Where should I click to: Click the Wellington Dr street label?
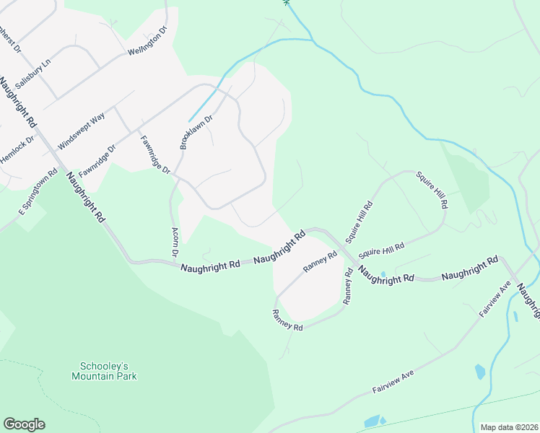point(147,43)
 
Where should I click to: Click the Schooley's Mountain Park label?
point(104,371)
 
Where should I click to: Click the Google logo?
point(24,424)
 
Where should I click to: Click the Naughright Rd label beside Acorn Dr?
point(210,266)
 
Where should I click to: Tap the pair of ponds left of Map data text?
point(373,421)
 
